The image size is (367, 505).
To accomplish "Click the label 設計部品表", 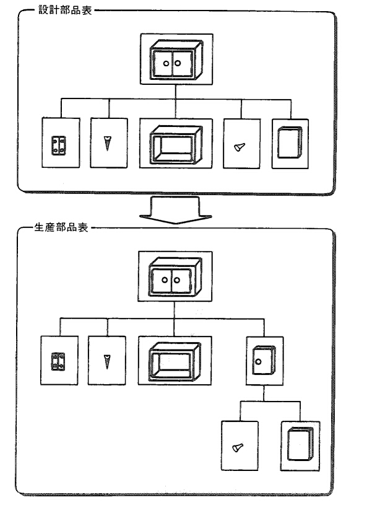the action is point(66,10).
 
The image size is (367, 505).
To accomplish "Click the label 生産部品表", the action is point(61,227).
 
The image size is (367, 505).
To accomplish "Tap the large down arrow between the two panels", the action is point(176,210).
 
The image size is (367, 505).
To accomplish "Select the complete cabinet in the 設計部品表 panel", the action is point(176,59).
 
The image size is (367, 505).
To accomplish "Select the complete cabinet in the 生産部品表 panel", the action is point(175,277).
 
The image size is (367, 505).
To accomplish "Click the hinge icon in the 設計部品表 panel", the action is point(59,145).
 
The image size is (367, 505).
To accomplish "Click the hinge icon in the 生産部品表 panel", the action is point(58,361).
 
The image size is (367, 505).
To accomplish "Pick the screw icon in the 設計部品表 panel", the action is point(108,143).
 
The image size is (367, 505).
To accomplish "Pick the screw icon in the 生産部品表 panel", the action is point(107,361).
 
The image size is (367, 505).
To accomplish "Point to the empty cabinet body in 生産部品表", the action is point(175,361).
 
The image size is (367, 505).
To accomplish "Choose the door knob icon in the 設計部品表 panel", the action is point(240,147).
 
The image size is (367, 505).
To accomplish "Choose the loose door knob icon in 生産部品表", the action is point(238,447).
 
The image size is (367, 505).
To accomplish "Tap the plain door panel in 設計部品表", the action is point(290,143).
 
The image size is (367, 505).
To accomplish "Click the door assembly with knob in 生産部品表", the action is point(264,360).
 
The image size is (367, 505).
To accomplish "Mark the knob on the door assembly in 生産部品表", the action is point(258,362).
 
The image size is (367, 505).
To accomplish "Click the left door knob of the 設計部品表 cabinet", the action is point(166,63).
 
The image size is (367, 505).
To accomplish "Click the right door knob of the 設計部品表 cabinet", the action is point(178,63).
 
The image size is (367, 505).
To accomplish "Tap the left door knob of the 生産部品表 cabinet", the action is point(165,280).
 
